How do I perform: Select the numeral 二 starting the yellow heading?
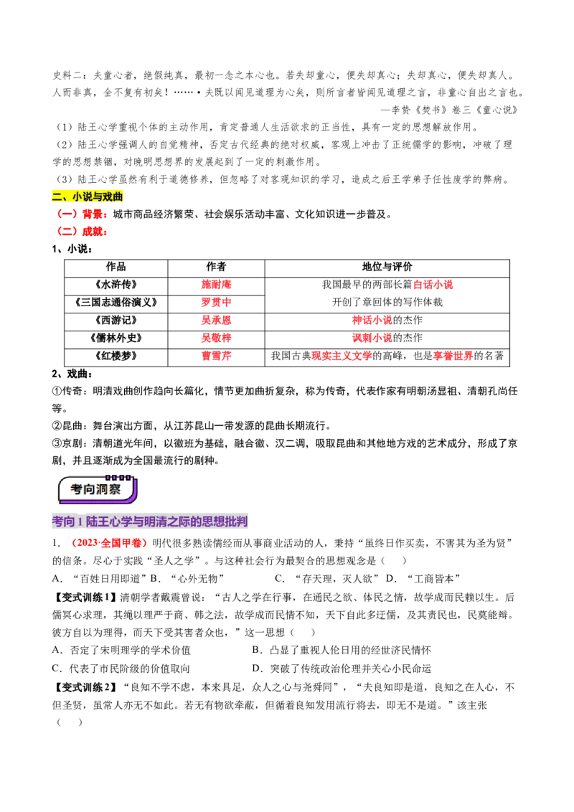point(57,197)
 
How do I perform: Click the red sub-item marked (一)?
point(83,214)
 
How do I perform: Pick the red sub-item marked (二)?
point(83,232)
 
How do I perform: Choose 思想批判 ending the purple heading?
point(229,523)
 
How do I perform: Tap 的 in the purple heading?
point(202,523)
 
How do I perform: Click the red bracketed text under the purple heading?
point(109,544)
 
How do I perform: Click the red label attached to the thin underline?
point(433,285)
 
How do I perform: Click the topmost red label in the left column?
point(217,285)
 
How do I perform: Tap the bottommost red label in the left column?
point(217,356)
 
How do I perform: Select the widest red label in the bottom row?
point(342,356)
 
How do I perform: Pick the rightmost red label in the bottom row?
point(453,356)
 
